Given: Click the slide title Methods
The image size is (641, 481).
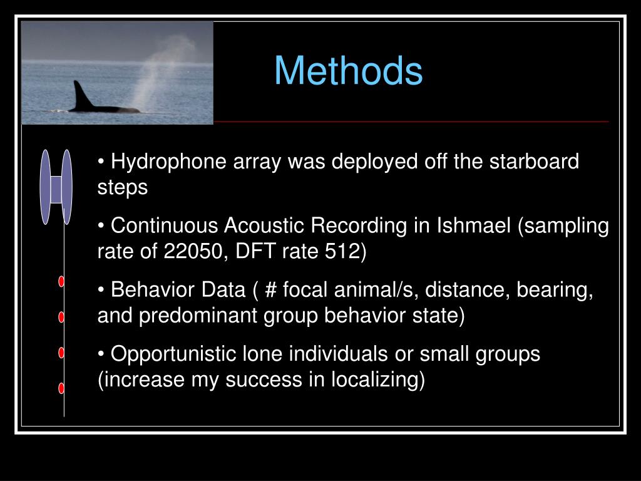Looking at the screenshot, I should click(348, 71).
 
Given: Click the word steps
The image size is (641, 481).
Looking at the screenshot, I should click(123, 187).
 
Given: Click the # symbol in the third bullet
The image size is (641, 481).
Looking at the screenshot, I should click(270, 291).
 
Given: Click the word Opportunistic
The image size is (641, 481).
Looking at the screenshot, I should click(173, 354).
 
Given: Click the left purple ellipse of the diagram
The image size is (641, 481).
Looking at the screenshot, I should click(45, 187).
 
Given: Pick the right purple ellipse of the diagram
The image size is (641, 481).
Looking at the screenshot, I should click(67, 187).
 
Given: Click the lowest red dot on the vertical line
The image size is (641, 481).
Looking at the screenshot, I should click(61, 388).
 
